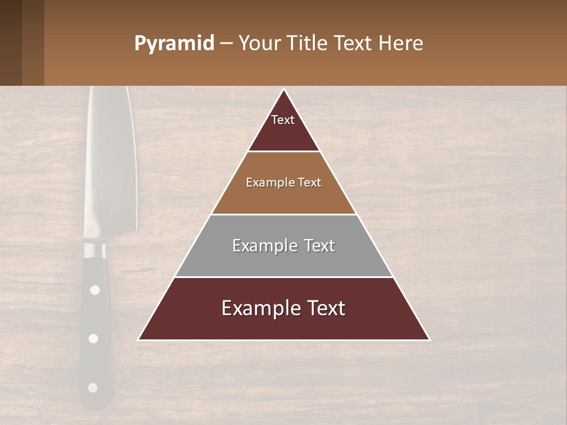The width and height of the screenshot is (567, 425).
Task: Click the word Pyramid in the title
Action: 174,44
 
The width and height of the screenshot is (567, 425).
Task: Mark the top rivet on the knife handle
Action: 94,290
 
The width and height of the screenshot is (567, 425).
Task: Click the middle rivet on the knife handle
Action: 93,338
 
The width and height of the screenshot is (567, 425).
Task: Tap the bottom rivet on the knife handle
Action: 92,388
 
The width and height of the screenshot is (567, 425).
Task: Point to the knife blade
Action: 109,165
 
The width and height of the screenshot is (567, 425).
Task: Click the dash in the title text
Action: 226,44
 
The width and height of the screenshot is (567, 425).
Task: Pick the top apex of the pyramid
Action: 284,90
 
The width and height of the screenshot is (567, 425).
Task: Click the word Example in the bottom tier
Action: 255,308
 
